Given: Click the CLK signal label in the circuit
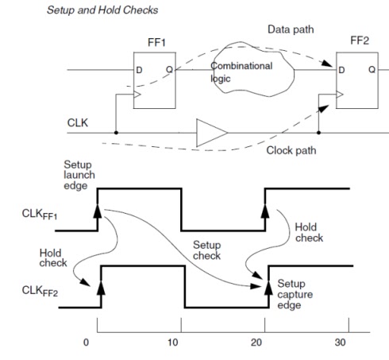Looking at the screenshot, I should pyautogui.click(x=79, y=123).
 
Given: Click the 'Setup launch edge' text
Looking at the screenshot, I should pyautogui.click(x=79, y=174).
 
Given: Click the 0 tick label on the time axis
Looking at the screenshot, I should pyautogui.click(x=87, y=344).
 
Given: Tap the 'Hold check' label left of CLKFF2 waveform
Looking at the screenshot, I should pyautogui.click(x=52, y=257).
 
